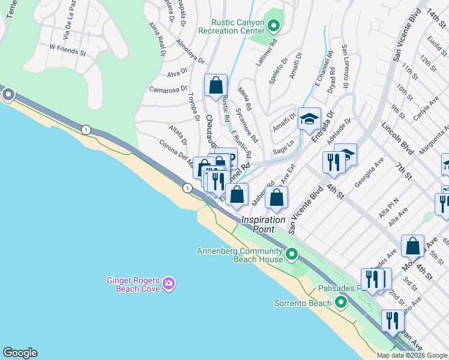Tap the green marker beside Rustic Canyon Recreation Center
(274, 26)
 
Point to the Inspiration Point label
(263, 224)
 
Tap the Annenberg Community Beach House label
(240, 255)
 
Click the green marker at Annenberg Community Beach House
(292, 254)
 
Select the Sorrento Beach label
(303, 302)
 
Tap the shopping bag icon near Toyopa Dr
(215, 85)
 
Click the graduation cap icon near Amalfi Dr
(309, 118)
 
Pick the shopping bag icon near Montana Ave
(412, 245)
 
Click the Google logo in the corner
(20, 353)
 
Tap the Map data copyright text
(412, 355)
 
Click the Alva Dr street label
(178, 73)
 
